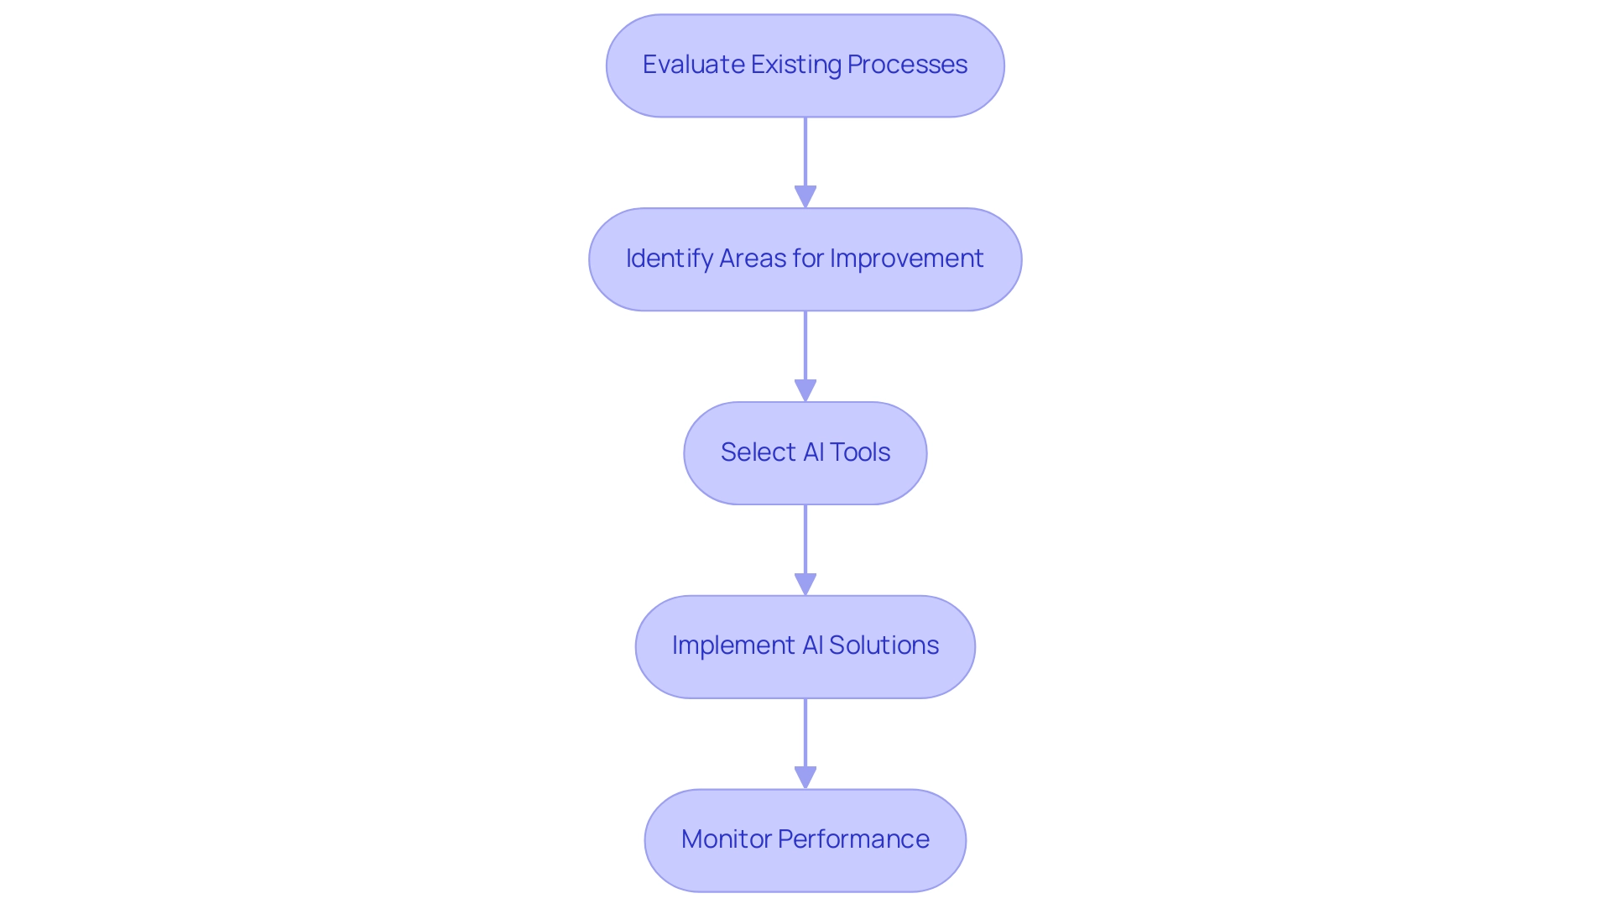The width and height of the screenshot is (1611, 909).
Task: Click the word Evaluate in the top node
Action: coord(693,65)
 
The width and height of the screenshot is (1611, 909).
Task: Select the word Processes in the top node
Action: coord(907,65)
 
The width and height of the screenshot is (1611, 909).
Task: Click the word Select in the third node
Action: coord(758,452)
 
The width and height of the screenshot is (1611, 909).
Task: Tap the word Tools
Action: coord(860,452)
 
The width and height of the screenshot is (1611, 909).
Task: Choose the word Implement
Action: coord(733,645)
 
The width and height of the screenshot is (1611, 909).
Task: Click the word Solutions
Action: coord(884,645)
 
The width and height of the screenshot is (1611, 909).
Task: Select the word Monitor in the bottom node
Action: coord(726,839)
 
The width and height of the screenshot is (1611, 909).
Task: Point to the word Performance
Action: coord(853,839)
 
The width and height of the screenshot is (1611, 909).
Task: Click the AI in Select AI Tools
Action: coord(813,452)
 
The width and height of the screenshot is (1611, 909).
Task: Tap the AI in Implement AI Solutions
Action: coord(812,645)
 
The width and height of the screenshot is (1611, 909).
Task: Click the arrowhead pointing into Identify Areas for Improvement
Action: coord(805,197)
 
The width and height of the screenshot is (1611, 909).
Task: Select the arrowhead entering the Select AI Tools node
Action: coord(805,391)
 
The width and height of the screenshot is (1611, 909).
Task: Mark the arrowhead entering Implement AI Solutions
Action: coord(805,584)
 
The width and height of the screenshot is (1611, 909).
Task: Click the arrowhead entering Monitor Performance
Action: coord(805,778)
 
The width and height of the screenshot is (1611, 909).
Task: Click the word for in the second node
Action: coord(807,259)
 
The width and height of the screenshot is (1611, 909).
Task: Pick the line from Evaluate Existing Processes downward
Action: coord(805,151)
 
